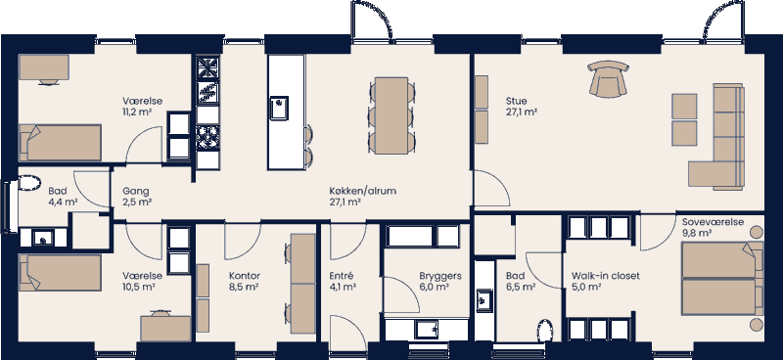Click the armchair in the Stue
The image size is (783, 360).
[x=608, y=78]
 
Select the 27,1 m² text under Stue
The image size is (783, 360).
[x=522, y=112]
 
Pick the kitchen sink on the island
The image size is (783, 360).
[x=280, y=105]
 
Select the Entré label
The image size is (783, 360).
[x=341, y=277]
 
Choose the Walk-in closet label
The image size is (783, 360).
[x=606, y=277]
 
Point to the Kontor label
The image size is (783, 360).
[x=243, y=277]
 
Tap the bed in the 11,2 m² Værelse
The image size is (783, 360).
[x=61, y=143]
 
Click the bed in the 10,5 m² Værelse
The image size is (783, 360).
[x=59, y=273]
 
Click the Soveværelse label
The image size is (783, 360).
[x=714, y=222]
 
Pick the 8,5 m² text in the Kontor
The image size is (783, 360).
[x=243, y=288]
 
